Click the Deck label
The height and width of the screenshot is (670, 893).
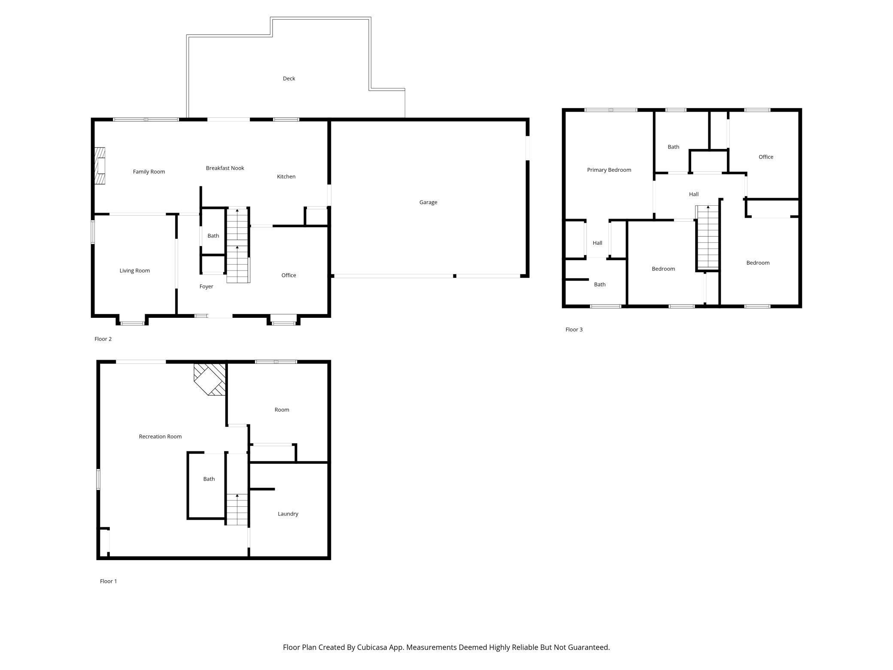pos(289,79)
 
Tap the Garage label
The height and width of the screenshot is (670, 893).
pos(428,202)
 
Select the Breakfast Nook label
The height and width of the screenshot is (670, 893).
pos(225,168)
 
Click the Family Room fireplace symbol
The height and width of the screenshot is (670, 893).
pos(100,166)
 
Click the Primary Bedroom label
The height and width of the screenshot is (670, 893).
pos(609,170)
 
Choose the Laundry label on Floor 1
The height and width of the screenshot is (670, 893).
pos(288,514)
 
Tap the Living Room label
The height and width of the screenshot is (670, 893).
pos(134,271)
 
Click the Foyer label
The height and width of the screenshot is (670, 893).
pos(206,286)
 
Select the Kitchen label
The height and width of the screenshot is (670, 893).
pos(286,177)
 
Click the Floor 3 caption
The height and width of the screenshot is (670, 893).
pos(574,330)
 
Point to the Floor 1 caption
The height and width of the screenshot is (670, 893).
pos(108,581)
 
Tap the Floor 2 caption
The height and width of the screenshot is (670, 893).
pos(103,339)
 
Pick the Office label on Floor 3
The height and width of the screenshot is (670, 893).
pos(765,157)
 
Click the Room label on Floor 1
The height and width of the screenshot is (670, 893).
pos(282,410)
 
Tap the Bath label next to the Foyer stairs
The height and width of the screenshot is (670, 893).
pos(213,236)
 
